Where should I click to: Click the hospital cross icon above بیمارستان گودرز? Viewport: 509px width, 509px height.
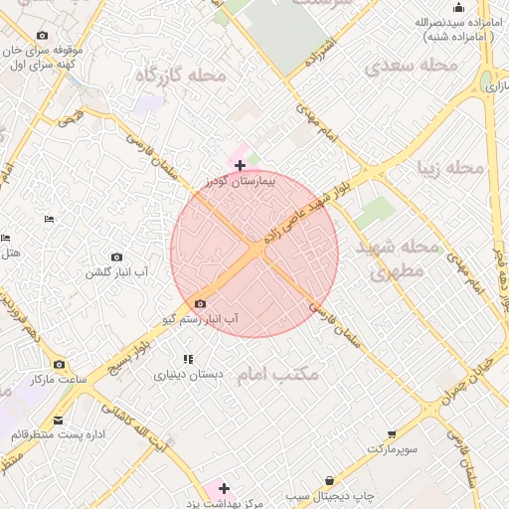pyautogui.click(x=240, y=165)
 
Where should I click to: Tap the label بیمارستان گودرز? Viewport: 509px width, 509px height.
pyautogui.click(x=239, y=182)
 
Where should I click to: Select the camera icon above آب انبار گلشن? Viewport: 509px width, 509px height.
pyautogui.click(x=116, y=257)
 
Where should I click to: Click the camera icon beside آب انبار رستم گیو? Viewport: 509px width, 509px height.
pyautogui.click(x=201, y=303)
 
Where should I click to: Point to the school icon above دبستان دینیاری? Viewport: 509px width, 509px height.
pyautogui.click(x=187, y=359)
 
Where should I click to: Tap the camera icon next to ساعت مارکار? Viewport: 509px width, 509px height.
pyautogui.click(x=59, y=364)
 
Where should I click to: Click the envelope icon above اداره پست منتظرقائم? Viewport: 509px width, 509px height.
pyautogui.click(x=59, y=421)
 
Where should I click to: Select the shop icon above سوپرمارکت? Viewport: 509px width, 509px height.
pyautogui.click(x=393, y=434)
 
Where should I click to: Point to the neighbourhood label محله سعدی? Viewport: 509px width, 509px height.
pyautogui.click(x=410, y=67)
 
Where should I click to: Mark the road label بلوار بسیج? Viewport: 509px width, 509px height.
pyautogui.click(x=130, y=352)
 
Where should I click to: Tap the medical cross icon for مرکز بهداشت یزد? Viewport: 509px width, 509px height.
pyautogui.click(x=224, y=488)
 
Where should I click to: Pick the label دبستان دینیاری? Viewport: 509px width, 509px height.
pyautogui.click(x=188, y=376)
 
